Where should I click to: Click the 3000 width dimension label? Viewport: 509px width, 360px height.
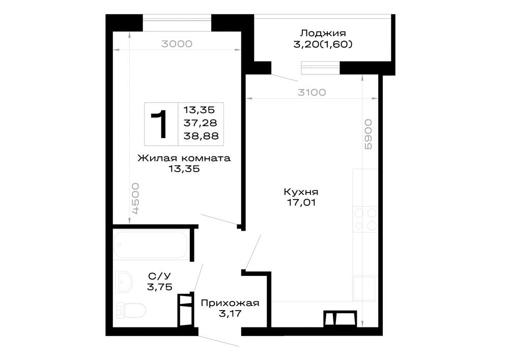click(177, 44)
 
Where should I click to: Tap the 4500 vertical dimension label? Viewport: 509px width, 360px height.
click(136, 199)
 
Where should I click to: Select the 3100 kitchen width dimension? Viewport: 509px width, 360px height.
click(312, 93)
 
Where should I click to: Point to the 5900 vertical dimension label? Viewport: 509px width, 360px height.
click(368, 134)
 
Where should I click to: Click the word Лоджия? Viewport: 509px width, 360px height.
click(323, 33)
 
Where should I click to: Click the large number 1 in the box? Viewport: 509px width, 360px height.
click(159, 124)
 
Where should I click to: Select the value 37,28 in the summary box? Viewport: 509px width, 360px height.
click(200, 123)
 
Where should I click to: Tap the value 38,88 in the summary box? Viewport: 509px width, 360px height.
click(201, 136)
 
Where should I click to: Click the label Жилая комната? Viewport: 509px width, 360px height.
click(184, 158)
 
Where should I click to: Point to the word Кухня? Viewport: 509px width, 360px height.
click(301, 191)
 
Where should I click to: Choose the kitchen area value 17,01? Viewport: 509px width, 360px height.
click(301, 203)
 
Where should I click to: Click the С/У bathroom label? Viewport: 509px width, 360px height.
click(159, 276)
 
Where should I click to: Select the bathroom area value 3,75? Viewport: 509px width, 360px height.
click(159, 287)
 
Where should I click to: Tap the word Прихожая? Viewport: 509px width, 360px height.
click(230, 303)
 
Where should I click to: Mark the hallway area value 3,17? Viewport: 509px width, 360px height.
click(230, 314)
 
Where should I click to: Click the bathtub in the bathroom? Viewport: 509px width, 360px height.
click(151, 245)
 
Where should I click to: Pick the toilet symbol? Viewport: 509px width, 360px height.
click(131, 310)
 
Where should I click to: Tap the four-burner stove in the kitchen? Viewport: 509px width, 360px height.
click(365, 219)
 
